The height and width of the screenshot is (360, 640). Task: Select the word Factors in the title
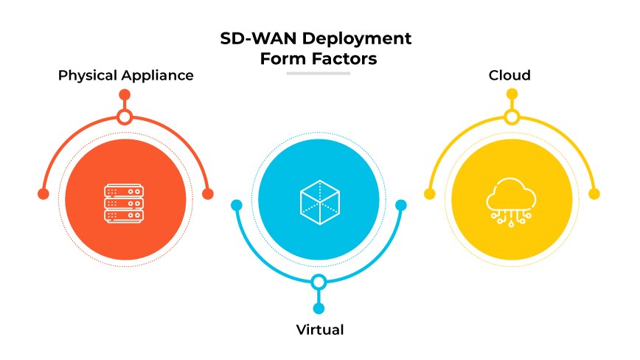346,59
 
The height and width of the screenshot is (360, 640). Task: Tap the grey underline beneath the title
318,73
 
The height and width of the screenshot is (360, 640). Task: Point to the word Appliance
158,75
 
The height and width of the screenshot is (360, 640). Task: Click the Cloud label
509,75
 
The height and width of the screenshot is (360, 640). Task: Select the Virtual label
319,330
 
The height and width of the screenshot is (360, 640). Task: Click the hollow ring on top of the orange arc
125,117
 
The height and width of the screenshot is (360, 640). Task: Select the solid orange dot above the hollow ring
125,94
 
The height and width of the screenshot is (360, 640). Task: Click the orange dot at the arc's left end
43,194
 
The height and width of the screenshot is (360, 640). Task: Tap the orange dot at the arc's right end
208,194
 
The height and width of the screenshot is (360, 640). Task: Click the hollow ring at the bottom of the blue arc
319,282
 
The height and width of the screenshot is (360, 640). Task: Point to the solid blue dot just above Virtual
319,308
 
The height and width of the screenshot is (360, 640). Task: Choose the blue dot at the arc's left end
236,205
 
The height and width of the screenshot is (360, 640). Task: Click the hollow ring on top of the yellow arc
512,117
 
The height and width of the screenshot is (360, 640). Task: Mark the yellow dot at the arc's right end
594,194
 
